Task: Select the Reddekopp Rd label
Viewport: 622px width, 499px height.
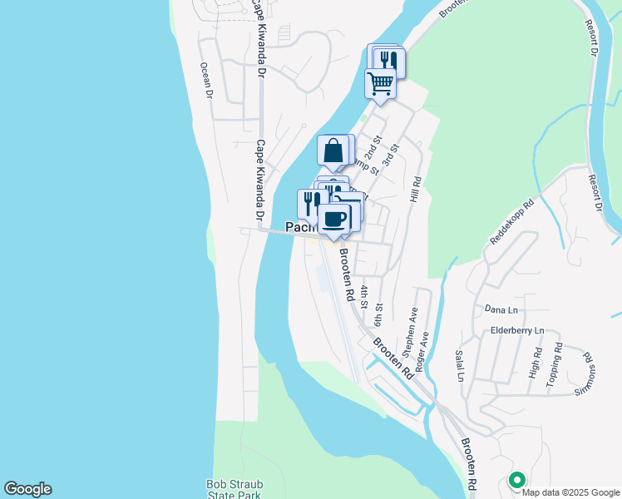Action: click(511, 221)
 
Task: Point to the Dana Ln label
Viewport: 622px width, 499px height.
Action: click(501, 310)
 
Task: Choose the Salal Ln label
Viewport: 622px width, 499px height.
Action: click(459, 365)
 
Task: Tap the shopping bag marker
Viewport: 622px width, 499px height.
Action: click(333, 152)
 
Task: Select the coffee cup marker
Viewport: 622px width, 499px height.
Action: click(335, 220)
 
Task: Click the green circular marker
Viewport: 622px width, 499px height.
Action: click(516, 480)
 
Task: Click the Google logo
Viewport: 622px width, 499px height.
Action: click(27, 489)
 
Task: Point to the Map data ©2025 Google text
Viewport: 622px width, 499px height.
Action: click(570, 492)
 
